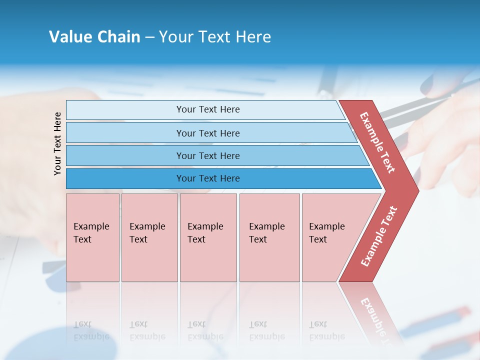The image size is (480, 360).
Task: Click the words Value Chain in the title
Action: click(x=94, y=37)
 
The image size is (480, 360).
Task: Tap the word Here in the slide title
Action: click(x=252, y=37)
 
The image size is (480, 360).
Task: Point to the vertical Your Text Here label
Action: click(x=57, y=143)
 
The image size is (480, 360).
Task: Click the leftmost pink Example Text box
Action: click(x=92, y=237)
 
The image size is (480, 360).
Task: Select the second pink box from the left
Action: click(x=149, y=237)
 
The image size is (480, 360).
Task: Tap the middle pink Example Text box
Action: click(x=208, y=237)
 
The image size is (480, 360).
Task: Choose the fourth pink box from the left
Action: click(x=269, y=237)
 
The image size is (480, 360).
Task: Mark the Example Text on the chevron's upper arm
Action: click(x=377, y=142)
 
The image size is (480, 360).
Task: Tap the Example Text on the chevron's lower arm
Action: click(x=379, y=236)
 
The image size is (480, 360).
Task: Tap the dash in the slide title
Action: click(x=149, y=37)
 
